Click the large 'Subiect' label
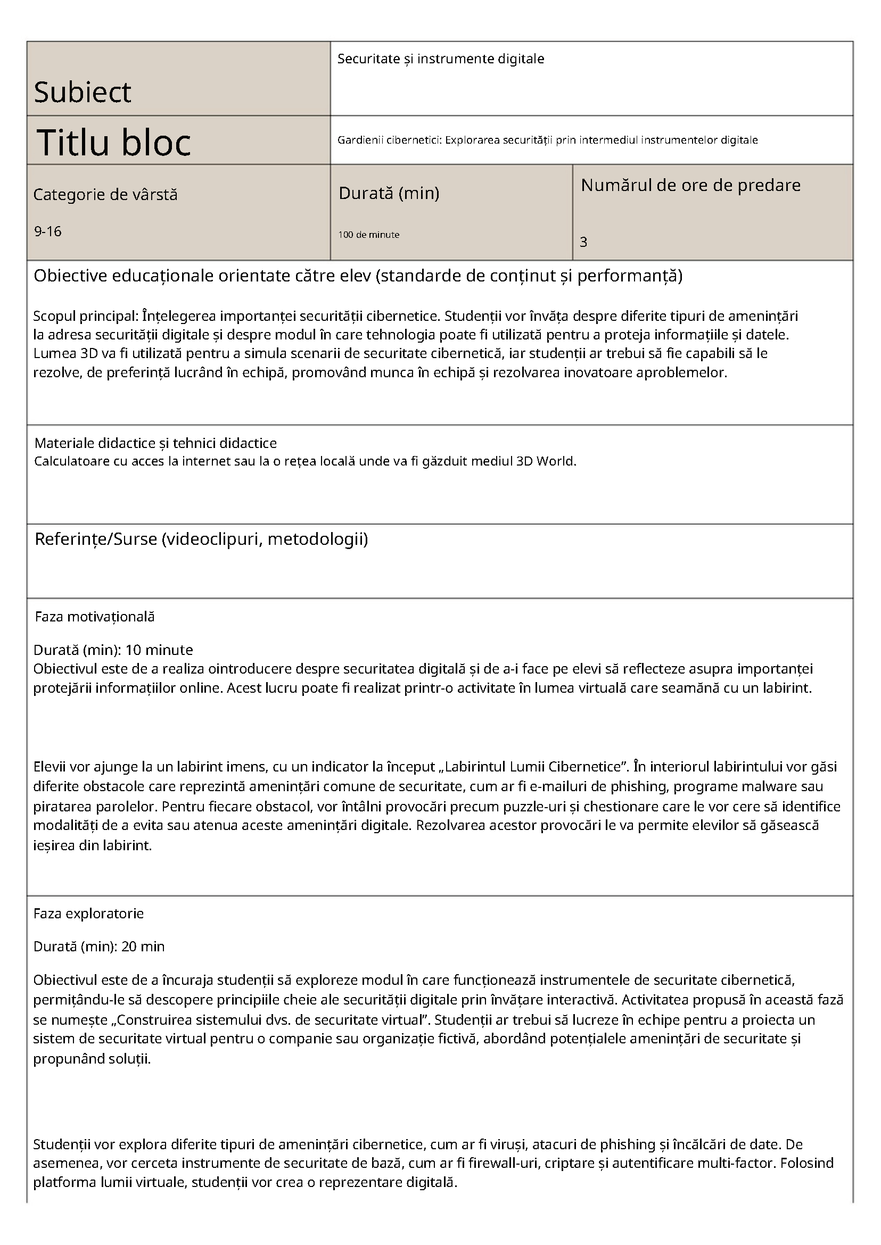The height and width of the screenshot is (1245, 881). coord(83,92)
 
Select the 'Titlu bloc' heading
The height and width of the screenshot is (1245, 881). coord(114,142)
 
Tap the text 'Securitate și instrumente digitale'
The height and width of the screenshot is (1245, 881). coord(441,59)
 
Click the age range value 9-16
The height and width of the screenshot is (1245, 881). coord(48,231)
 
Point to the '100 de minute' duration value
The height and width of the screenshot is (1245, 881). coord(369,235)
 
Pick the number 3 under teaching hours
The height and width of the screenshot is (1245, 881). coord(584,243)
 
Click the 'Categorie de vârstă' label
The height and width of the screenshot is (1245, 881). coord(105,195)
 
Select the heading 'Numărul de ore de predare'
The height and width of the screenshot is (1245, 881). coord(690,186)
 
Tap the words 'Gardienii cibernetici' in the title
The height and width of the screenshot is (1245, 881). coord(389,140)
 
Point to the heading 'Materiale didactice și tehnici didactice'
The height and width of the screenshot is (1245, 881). coord(155,443)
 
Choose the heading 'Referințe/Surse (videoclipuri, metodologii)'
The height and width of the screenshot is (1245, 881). coord(201,539)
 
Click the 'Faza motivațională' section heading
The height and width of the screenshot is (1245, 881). coord(95,617)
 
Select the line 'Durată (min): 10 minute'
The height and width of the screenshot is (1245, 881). coord(113,650)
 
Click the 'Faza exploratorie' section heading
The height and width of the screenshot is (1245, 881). coord(88,914)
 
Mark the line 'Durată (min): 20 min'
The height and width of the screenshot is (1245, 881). coord(98,947)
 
